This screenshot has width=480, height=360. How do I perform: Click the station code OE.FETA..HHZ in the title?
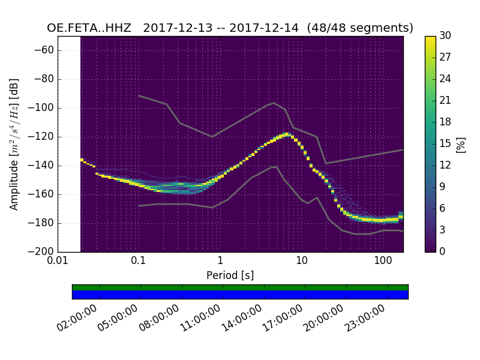pos(91,28)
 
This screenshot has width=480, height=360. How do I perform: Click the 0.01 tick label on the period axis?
pos(58,262)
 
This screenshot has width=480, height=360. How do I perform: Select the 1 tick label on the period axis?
pos(220,262)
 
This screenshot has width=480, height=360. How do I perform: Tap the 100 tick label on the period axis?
pos(383,262)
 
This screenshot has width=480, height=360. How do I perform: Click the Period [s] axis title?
pos(230,275)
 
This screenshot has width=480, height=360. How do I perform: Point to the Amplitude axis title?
pos(14,144)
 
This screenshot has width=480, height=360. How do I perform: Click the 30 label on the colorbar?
pos(446,36)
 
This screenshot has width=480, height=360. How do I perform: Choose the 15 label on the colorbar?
pos(445,144)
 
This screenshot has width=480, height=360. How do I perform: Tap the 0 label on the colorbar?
pos(443,251)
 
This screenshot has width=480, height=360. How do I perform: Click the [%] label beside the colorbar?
pos(461,144)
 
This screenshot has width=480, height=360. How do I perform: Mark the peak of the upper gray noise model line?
pos(274,103)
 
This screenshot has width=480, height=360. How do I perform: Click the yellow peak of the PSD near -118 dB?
pos(286,134)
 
